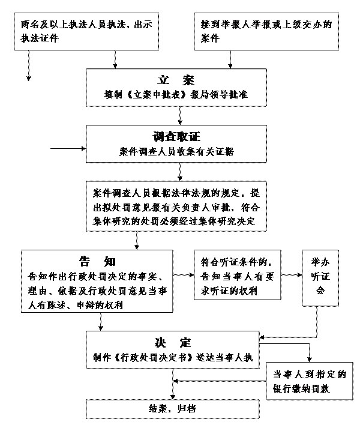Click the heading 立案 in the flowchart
click(x=176, y=80)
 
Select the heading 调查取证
click(x=176, y=135)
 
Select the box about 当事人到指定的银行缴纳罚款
click(x=308, y=381)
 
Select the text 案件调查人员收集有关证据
click(x=176, y=151)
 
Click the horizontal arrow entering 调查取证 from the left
click(x=69, y=146)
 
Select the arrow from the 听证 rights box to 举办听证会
click(x=292, y=275)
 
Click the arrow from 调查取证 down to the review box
click(x=180, y=172)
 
